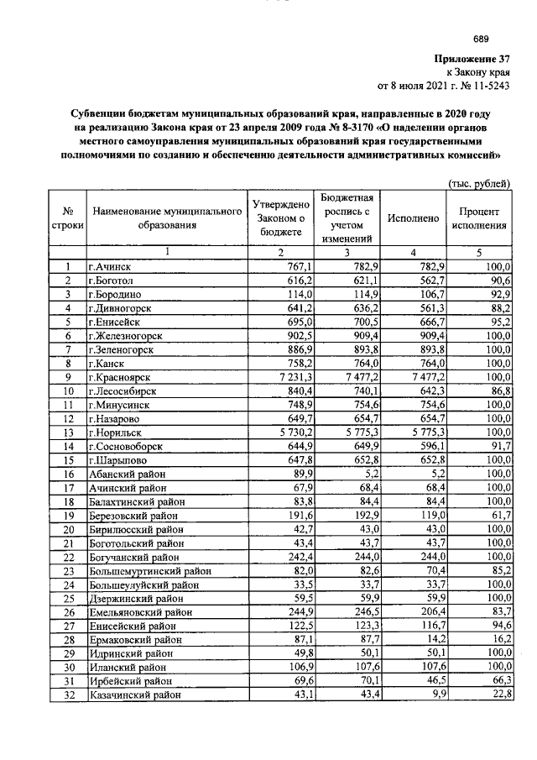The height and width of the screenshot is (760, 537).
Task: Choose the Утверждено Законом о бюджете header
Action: click(281, 218)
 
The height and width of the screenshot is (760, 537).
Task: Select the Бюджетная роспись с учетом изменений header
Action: click(347, 218)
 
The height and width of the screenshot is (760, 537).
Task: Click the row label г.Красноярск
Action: click(121, 378)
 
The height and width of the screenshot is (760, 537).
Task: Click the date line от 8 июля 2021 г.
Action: click(445, 86)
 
